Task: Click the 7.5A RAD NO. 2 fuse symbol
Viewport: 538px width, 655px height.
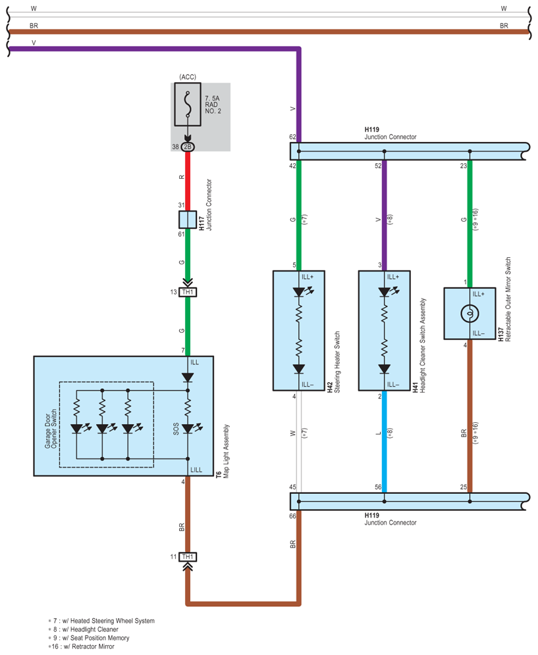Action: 188,104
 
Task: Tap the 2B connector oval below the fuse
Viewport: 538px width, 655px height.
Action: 188,147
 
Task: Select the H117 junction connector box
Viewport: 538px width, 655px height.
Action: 188,220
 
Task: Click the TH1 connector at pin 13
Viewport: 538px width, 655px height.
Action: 188,292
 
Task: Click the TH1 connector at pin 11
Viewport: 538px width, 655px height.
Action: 188,557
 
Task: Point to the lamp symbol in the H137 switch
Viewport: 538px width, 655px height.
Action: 470,313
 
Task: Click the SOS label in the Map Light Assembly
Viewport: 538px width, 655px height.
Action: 176,429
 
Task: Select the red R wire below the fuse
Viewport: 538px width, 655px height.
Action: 188,181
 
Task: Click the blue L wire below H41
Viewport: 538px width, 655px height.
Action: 384,441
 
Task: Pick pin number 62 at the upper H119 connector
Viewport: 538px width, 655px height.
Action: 292,137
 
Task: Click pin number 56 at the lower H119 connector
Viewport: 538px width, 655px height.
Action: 378,487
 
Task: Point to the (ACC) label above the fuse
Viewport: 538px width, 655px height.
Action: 188,77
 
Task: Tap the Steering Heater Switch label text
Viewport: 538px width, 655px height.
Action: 337,362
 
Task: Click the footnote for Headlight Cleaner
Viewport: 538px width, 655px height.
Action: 84,629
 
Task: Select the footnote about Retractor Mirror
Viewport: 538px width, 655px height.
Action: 81,646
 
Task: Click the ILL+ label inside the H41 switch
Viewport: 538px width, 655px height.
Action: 393,277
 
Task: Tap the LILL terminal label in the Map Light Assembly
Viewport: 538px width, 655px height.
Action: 196,470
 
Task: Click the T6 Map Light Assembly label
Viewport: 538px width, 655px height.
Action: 222,451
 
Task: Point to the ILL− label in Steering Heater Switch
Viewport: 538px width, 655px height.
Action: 308,384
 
